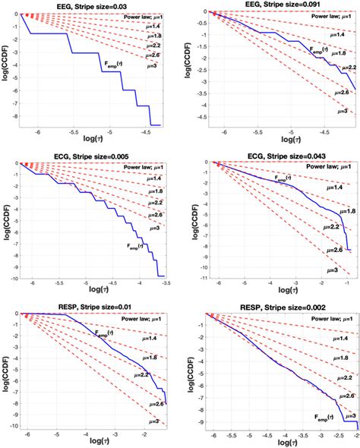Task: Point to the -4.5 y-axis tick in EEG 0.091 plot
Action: (198, 118)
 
